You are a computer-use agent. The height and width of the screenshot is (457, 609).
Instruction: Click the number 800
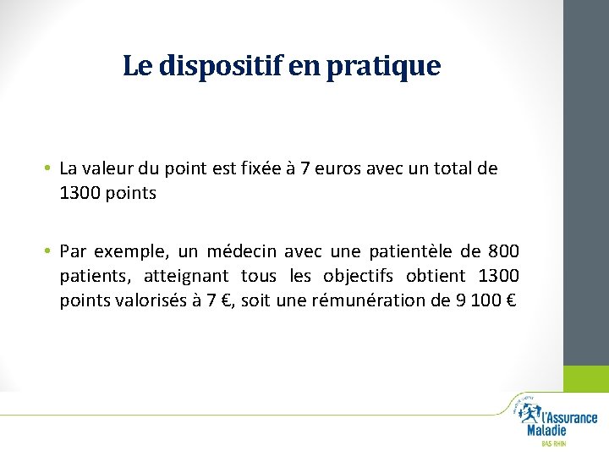click(505, 252)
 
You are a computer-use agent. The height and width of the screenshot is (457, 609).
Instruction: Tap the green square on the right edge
click(586, 378)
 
